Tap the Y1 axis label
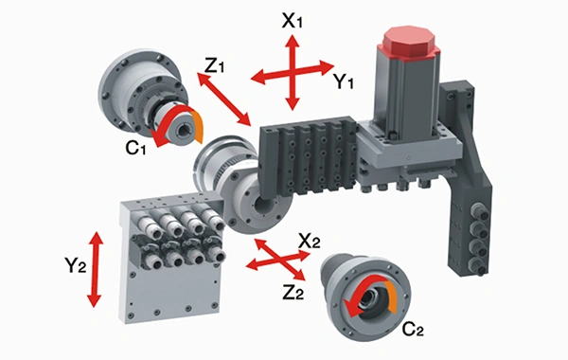click(343, 81)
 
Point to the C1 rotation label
click(135, 148)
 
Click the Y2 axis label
click(76, 265)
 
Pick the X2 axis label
click(309, 241)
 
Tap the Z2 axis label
click(293, 292)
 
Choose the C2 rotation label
click(413, 329)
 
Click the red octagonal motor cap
click(409, 40)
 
